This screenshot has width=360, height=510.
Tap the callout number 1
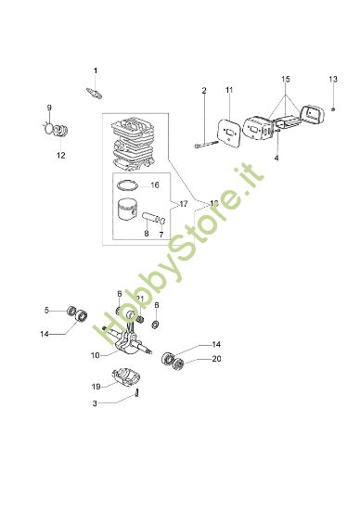[94, 70]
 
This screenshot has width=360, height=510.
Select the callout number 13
[333, 79]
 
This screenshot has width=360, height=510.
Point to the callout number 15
[286, 80]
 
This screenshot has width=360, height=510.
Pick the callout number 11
[229, 90]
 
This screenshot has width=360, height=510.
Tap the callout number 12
[60, 155]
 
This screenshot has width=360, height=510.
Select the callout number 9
[51, 108]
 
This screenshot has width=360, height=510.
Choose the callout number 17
[183, 203]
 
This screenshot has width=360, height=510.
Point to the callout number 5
[46, 310]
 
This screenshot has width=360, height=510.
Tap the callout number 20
[216, 358]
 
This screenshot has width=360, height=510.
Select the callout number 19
[96, 386]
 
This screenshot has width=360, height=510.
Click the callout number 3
[95, 402]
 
